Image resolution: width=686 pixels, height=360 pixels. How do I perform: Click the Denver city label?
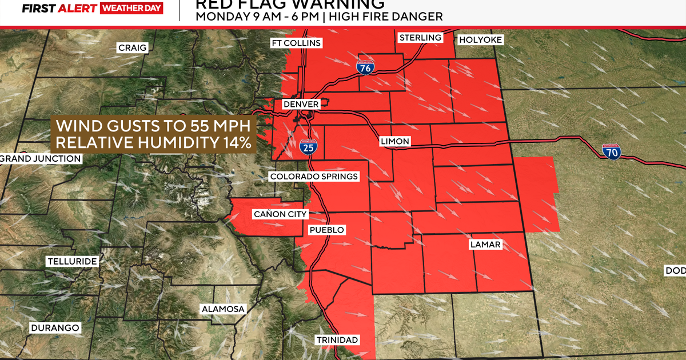coord(301,105)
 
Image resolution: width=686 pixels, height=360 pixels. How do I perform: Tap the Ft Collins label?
coord(296,43)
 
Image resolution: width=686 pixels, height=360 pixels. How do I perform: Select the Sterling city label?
coord(420,38)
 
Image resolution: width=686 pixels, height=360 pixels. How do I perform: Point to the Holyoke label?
coord(481,39)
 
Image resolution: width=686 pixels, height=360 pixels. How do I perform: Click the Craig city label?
coord(132,47)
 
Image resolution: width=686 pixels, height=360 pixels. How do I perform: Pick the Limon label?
coord(395,141)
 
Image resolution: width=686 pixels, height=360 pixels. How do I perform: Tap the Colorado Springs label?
coord(314,177)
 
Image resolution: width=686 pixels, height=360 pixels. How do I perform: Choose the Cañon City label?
coord(281,214)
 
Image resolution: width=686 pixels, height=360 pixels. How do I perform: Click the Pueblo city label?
coord(326,230)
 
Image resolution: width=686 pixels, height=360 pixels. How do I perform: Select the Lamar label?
coord(485,245)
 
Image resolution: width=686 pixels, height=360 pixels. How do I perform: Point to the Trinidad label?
coord(337,340)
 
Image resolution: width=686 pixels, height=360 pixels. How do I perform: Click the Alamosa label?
coord(223,309)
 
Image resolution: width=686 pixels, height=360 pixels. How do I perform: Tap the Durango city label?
coord(55,328)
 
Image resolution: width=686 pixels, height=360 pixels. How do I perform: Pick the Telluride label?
coord(72,262)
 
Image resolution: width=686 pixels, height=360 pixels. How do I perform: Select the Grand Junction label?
coord(41,158)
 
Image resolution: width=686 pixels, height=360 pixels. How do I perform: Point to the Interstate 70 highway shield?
coord(611,152)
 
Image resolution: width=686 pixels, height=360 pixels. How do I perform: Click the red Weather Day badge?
coord(131,8)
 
